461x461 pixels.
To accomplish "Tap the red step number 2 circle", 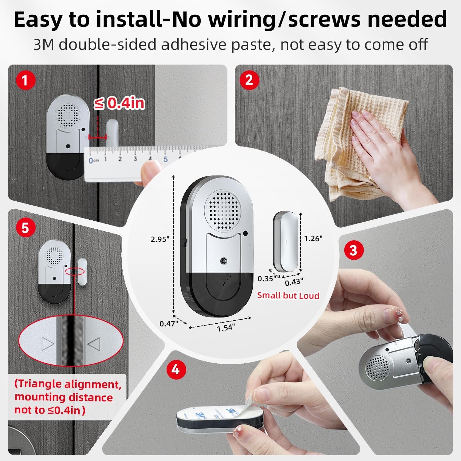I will click(x=249, y=80).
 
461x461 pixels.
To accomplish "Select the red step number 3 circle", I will click(x=353, y=250).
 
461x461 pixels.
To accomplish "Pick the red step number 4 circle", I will click(x=175, y=369).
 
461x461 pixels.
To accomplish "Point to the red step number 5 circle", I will click(x=25, y=228).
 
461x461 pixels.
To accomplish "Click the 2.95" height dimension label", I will click(x=160, y=239).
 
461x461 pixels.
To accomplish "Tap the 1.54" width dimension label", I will click(x=226, y=328).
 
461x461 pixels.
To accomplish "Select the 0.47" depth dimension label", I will click(x=168, y=324).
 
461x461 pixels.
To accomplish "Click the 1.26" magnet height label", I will click(x=313, y=238).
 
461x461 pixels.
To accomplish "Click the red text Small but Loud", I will click(x=288, y=296).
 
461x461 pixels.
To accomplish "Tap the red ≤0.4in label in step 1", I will click(x=119, y=103).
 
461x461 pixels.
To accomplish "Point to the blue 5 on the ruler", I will click(x=165, y=159).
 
